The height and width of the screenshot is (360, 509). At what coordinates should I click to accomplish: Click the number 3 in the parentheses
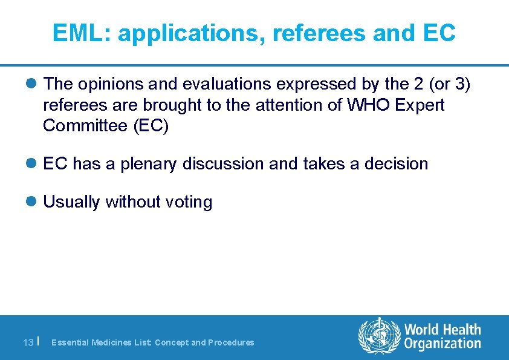[x=460, y=83]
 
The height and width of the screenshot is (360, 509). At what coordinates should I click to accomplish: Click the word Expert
[x=420, y=105]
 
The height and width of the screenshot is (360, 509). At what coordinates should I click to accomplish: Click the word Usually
[x=72, y=201]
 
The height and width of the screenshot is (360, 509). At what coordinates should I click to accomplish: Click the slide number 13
[x=28, y=342]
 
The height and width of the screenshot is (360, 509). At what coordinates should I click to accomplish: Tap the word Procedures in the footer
[x=231, y=342]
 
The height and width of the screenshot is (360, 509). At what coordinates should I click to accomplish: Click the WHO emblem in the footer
[x=379, y=336]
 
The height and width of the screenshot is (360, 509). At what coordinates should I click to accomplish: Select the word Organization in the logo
[x=443, y=344]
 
